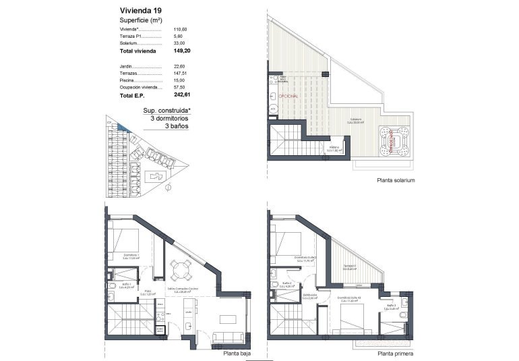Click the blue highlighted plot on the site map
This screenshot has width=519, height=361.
(121, 126)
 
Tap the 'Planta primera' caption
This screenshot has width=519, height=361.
(396, 353)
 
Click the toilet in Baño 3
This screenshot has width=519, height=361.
(403, 314)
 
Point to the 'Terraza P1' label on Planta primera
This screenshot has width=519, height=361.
(349, 266)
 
